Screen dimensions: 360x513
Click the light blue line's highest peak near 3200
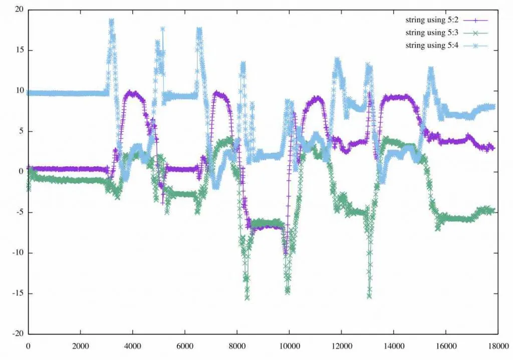111,21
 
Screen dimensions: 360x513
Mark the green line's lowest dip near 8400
247,298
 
